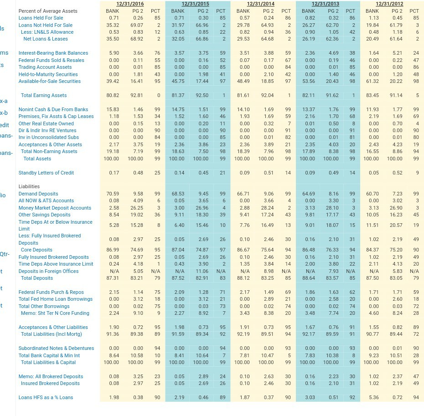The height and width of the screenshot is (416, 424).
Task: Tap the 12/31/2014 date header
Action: (x=261, y=4)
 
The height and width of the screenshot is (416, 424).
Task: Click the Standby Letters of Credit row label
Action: (x=46, y=173)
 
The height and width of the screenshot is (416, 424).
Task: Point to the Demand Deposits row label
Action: (x=38, y=194)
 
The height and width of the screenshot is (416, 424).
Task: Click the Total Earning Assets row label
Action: (x=44, y=95)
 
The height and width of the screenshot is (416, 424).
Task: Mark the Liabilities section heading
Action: (x=29, y=186)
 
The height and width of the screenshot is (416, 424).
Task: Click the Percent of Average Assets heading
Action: (x=48, y=11)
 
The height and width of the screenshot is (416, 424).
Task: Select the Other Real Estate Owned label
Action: (x=46, y=123)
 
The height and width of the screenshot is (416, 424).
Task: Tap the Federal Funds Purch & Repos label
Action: (x=51, y=292)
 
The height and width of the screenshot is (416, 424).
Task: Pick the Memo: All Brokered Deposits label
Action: (x=51, y=376)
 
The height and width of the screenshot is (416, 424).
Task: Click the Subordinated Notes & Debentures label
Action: (x=56, y=348)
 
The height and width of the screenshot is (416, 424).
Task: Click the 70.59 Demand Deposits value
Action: (x=113, y=194)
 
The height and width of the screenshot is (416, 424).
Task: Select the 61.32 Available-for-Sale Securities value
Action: (x=372, y=81)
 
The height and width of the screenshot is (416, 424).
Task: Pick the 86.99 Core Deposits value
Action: (x=113, y=250)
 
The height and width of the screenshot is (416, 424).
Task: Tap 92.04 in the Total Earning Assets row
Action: (x=267, y=95)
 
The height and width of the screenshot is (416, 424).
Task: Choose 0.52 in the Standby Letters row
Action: (x=397, y=173)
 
